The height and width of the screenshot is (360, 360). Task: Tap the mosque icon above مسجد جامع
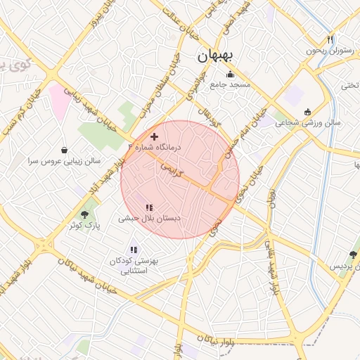coord(229,75)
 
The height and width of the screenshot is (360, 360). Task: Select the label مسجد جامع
coord(230,85)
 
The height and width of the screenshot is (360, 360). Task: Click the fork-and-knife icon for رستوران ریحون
coord(330,40)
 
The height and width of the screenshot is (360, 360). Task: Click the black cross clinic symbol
coord(155,135)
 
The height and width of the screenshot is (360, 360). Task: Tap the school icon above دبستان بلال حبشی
coord(149,207)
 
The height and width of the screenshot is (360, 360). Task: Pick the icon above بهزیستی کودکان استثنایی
coord(134,250)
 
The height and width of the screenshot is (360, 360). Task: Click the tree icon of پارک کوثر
coord(85,214)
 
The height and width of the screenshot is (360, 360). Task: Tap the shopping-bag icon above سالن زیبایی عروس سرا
coord(65,150)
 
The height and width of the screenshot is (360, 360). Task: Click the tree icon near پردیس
coord(353,256)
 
